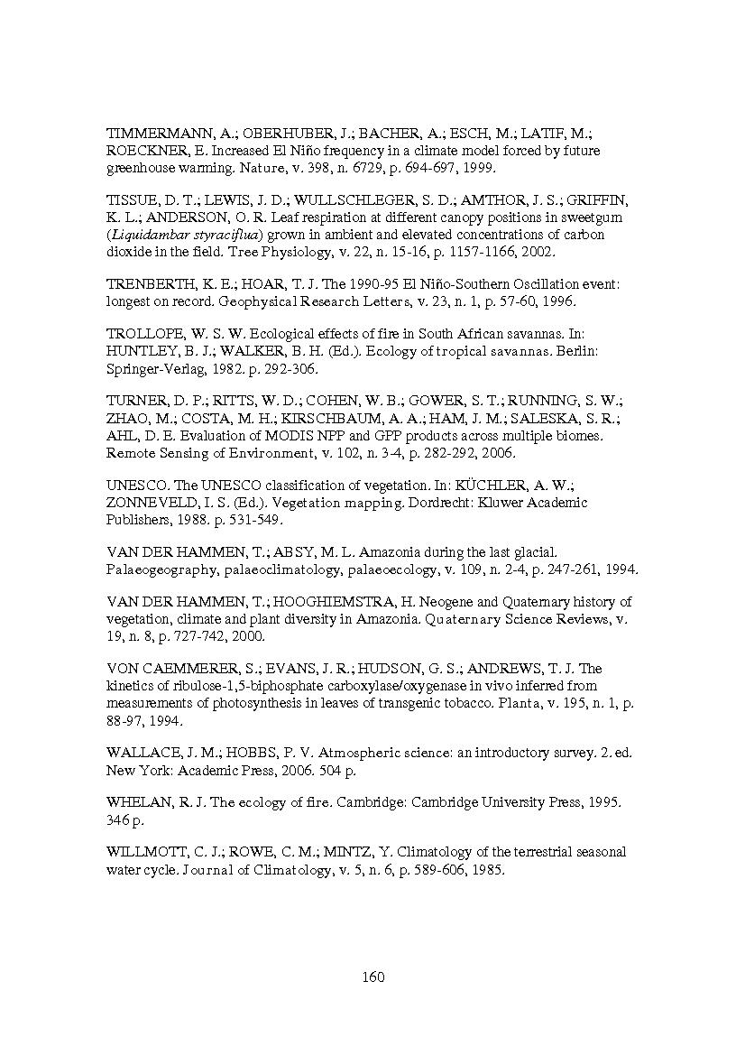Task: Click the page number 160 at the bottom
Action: [372, 976]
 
